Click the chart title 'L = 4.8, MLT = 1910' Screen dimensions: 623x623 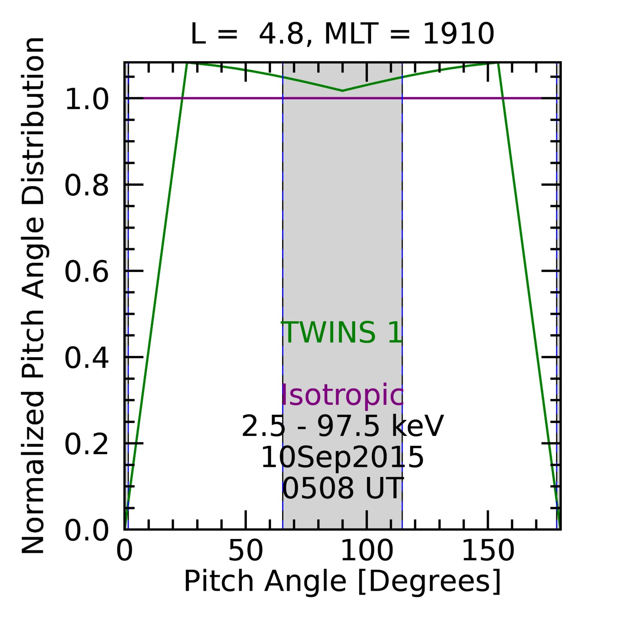(342, 34)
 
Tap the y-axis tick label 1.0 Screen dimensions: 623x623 (87, 99)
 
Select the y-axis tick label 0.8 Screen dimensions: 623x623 (87, 186)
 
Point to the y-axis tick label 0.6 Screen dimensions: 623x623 (87, 272)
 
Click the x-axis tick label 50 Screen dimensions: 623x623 (246, 551)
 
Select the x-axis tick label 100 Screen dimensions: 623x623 (366, 551)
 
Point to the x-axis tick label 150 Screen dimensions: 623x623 (488, 551)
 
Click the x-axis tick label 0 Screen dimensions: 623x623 (124, 551)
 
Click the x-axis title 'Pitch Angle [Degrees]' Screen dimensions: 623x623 (342, 581)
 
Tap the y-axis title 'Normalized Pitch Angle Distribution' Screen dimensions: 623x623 (33, 296)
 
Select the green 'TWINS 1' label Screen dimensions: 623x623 (342, 332)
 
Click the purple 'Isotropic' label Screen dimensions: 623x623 (342, 395)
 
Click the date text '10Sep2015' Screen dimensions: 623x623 (342, 457)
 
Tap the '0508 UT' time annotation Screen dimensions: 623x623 (342, 488)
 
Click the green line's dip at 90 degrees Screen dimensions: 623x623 (343, 91)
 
